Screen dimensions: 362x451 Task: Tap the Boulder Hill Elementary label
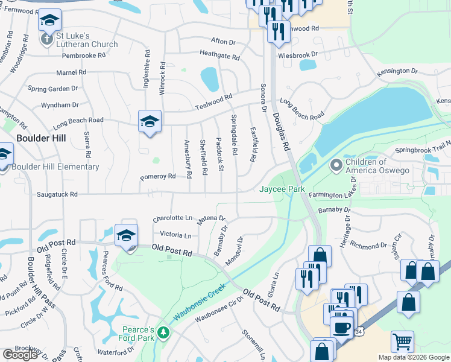55,167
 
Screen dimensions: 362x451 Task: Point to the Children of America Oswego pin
336,165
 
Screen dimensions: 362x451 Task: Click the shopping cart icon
402,342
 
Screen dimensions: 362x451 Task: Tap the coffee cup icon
341,328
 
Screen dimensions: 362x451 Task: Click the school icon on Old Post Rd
127,236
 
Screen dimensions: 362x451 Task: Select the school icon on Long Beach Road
150,122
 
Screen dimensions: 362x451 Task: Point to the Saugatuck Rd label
57,194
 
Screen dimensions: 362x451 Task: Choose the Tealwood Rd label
213,103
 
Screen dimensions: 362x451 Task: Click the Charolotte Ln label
172,218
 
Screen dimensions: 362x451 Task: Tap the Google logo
20,355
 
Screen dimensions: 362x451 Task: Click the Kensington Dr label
397,71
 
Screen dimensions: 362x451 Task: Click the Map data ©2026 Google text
414,357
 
